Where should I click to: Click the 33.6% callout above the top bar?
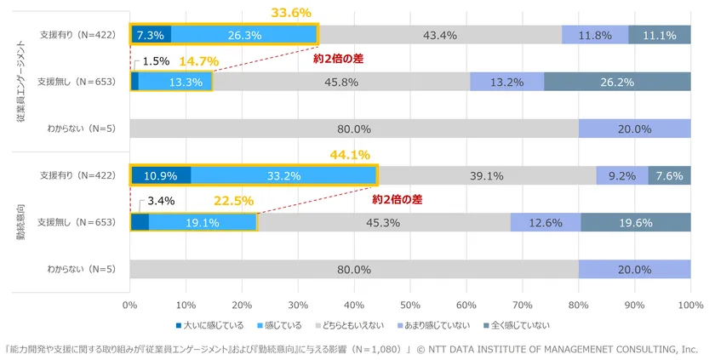(x=291, y=13)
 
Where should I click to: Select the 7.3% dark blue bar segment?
(x=151, y=35)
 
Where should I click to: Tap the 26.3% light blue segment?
(x=244, y=35)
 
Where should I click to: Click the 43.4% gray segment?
(x=440, y=35)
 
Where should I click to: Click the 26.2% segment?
(x=617, y=82)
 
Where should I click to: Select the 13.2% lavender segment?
(x=507, y=82)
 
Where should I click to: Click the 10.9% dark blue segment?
(x=161, y=176)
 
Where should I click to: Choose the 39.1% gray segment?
(x=487, y=176)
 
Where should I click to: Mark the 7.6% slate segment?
(x=669, y=176)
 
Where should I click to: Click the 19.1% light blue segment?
(x=203, y=222)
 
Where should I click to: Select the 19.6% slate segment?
(x=636, y=222)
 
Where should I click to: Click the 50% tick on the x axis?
(x=410, y=304)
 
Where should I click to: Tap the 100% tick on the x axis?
(x=690, y=304)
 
